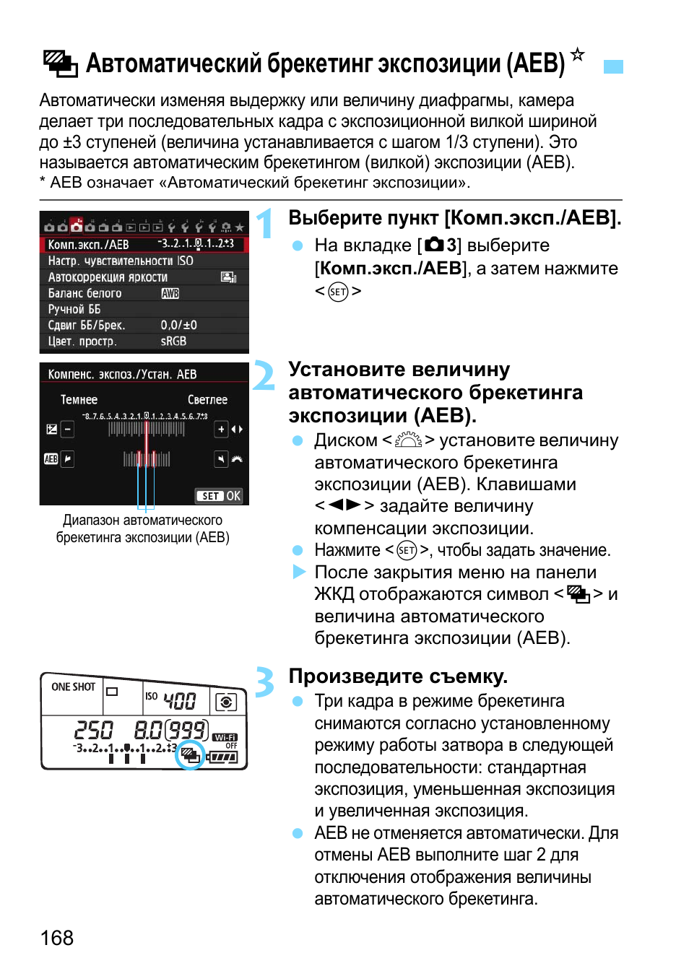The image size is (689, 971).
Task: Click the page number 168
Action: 57,938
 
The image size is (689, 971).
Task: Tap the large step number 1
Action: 265,223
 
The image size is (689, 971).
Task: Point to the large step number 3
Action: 264,682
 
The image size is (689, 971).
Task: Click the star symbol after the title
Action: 577,54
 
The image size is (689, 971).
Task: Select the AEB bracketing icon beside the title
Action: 60,64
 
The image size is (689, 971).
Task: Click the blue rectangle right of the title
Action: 613,66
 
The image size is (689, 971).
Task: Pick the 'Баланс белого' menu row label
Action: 84,293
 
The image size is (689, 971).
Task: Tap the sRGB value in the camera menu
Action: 173,341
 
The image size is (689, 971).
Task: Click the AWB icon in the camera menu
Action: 170,293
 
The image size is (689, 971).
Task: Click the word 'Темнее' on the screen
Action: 79,399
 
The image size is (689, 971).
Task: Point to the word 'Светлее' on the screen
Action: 207,399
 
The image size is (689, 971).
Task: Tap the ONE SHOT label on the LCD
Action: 73,687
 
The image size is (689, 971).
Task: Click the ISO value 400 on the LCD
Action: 179,700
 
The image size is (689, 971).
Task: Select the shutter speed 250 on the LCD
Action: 94,730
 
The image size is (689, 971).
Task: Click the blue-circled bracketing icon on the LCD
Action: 191,755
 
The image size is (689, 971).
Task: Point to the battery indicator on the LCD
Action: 223,757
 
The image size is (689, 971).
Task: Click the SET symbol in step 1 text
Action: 338,292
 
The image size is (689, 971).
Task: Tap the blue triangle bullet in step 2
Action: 299,572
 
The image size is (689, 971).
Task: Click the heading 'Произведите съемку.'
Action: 398,676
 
